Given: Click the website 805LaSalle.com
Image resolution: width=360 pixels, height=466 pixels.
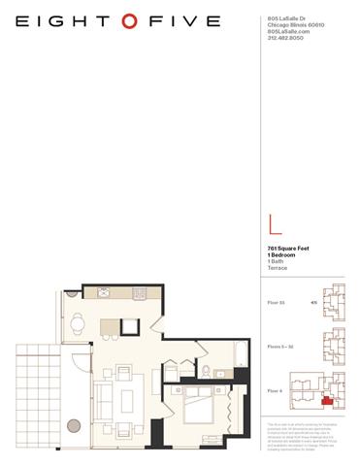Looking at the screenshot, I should coord(286,31).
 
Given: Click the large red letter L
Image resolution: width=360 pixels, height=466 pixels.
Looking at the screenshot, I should coord(276,226).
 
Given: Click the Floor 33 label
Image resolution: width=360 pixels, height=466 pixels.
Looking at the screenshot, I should coord(277,303).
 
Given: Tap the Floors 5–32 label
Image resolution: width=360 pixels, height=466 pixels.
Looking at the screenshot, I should coord(279,344).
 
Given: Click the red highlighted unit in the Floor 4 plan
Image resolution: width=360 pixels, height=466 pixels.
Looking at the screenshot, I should coord(329,397).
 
